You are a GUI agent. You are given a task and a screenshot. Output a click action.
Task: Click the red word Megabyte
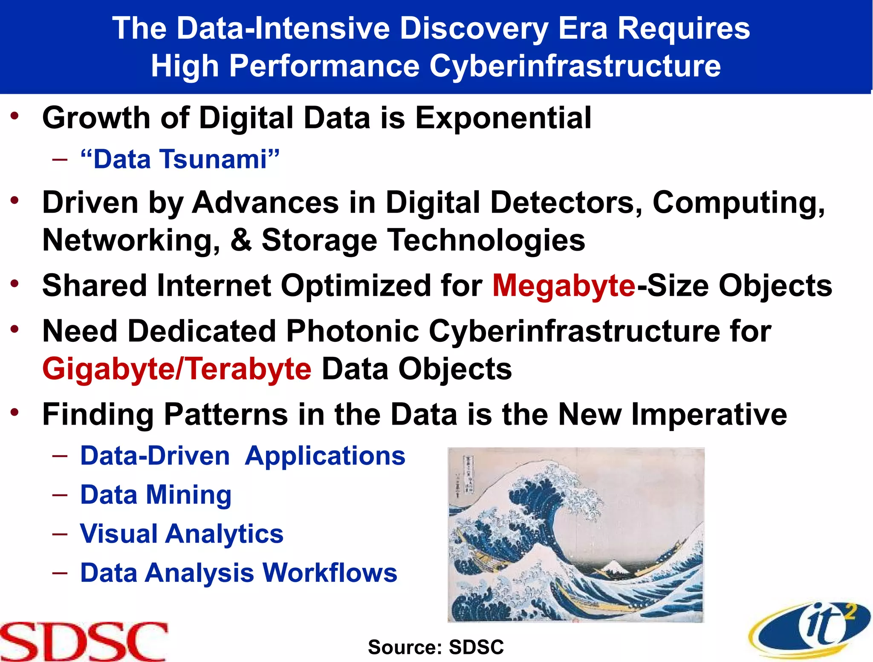564,285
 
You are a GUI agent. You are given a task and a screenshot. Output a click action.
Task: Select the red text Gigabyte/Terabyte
177,369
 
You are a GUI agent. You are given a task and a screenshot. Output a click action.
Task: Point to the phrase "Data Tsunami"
180,159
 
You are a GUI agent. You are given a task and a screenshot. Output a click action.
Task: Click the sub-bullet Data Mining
156,494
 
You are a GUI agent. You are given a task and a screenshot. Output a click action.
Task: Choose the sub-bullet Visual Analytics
182,534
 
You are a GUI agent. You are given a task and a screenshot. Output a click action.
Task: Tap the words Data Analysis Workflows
239,572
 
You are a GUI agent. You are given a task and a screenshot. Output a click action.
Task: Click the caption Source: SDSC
436,647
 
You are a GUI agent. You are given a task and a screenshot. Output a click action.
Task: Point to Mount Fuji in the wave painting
614,566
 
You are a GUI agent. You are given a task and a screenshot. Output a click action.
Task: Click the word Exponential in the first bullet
503,118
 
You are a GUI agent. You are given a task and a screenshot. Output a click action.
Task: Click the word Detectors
566,202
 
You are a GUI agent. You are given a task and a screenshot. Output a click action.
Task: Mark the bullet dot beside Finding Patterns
15,412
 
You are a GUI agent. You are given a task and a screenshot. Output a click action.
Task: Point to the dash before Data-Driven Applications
60,456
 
